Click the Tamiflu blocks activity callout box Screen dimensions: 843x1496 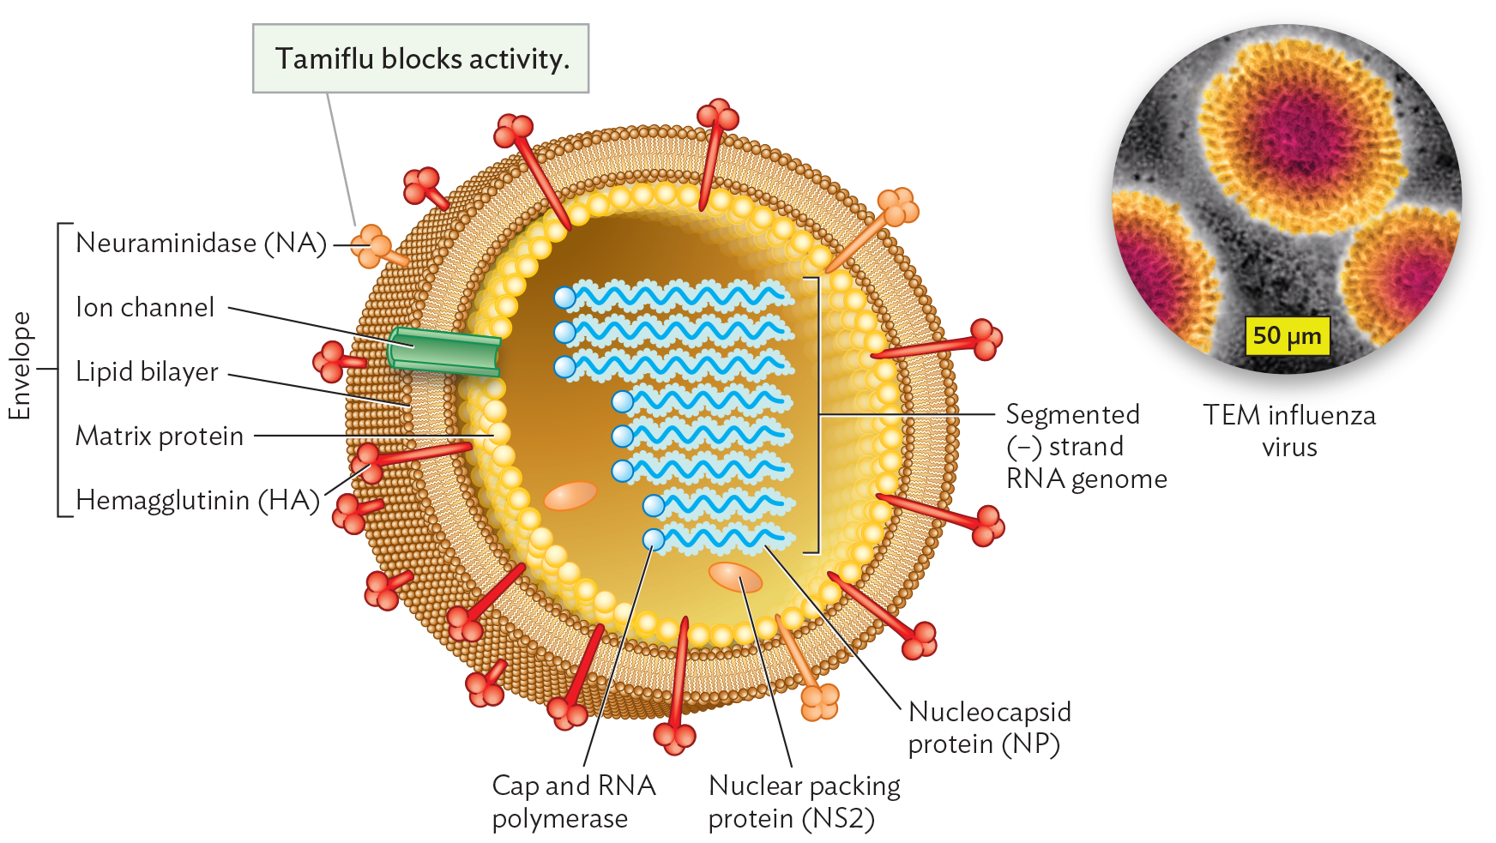(420, 58)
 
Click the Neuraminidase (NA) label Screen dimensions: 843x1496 (201, 243)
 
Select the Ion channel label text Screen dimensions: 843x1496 (145, 307)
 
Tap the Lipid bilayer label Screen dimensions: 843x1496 (147, 371)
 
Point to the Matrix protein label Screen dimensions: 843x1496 (160, 436)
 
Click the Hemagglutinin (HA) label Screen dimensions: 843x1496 (197, 500)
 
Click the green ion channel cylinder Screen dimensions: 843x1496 (443, 352)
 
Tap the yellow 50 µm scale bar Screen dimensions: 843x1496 (1287, 335)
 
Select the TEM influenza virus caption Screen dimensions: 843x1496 (1288, 431)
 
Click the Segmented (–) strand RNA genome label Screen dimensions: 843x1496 (1085, 446)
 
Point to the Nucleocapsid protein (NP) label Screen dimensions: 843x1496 (988, 727)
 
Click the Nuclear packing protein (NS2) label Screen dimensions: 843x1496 (803, 801)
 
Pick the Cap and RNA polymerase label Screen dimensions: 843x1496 (573, 801)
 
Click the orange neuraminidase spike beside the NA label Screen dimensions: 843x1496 (376, 247)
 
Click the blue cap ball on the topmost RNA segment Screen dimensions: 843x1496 (564, 298)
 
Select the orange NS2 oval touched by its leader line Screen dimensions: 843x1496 (735, 577)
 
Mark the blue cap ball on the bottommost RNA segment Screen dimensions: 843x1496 (654, 539)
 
